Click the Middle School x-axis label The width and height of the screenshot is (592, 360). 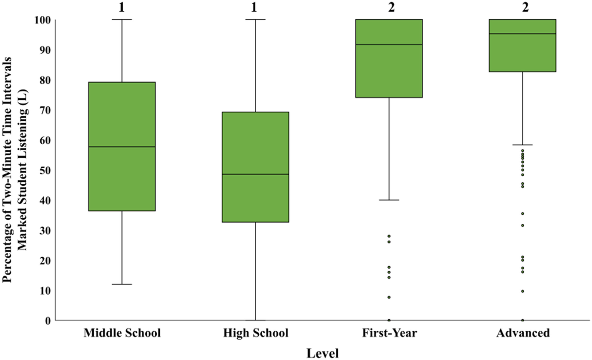pyautogui.click(x=122, y=333)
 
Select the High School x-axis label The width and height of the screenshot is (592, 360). pyautogui.click(x=255, y=333)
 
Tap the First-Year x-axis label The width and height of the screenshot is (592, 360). pyautogui.click(x=389, y=333)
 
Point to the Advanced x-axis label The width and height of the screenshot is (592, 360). pyautogui.click(x=523, y=333)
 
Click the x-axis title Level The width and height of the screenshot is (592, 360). pyautogui.click(x=323, y=353)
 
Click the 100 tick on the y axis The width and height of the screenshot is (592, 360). pyautogui.click(x=43, y=20)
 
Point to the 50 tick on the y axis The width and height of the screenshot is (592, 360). pyautogui.click(x=45, y=170)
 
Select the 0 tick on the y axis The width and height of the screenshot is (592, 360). pyautogui.click(x=48, y=320)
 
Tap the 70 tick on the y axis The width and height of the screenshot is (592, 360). pyautogui.click(x=45, y=110)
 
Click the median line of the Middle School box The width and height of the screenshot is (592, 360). pyautogui.click(x=122, y=146)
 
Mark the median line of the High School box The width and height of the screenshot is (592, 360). pyautogui.click(x=255, y=174)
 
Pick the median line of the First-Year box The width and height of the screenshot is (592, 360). pyautogui.click(x=389, y=44)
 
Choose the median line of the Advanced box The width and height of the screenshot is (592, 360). pyautogui.click(x=523, y=34)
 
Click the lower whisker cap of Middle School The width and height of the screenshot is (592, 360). pyautogui.click(x=122, y=284)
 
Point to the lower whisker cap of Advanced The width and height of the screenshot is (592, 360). pyautogui.click(x=523, y=145)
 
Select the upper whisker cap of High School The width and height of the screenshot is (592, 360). pyautogui.click(x=255, y=19)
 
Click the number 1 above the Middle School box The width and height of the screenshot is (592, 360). pyautogui.click(x=121, y=7)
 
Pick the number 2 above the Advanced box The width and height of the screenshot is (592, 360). pyautogui.click(x=525, y=7)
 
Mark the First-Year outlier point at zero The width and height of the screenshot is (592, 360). pyautogui.click(x=389, y=320)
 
